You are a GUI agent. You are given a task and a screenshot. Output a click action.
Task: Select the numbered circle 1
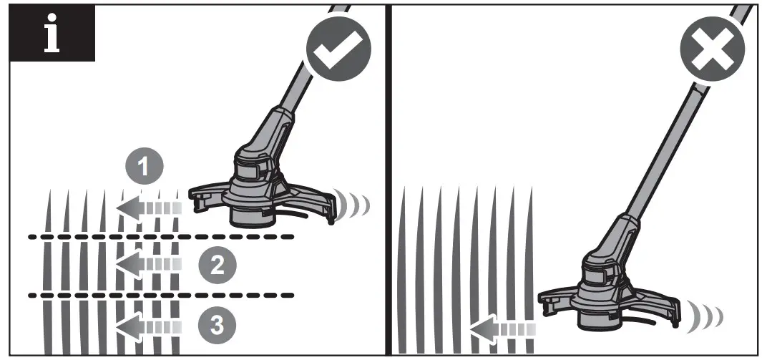point(144,167)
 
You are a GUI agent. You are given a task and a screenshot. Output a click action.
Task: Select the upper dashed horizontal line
point(161,236)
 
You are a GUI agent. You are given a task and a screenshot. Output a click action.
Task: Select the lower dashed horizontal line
point(161,294)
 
